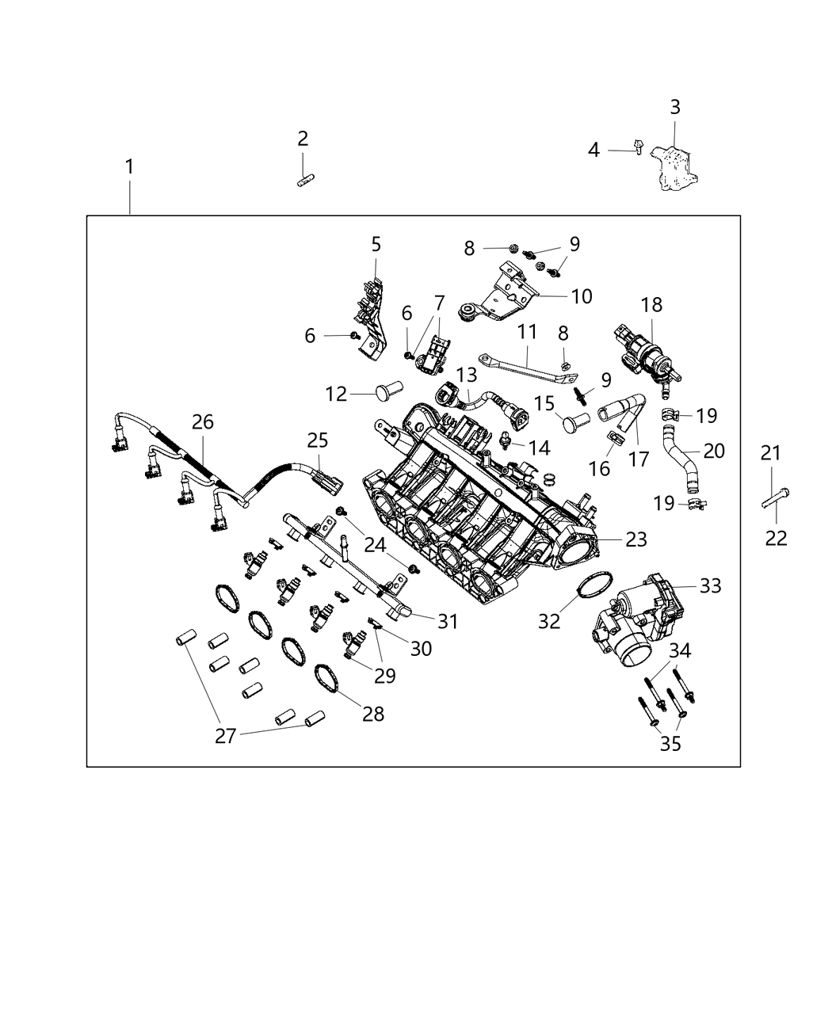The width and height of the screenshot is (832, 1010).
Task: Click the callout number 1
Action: (128, 167)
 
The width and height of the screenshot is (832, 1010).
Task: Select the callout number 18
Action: (652, 305)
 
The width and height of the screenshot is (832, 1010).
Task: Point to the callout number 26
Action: (203, 422)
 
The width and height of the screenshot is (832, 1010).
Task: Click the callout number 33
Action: (711, 585)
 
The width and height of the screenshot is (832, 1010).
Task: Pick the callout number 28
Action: (372, 714)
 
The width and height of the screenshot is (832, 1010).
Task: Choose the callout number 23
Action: (636, 539)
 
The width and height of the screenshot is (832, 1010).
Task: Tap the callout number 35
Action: (670, 744)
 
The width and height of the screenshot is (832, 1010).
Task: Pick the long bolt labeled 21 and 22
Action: (773, 500)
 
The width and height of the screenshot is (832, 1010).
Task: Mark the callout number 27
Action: (226, 736)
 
